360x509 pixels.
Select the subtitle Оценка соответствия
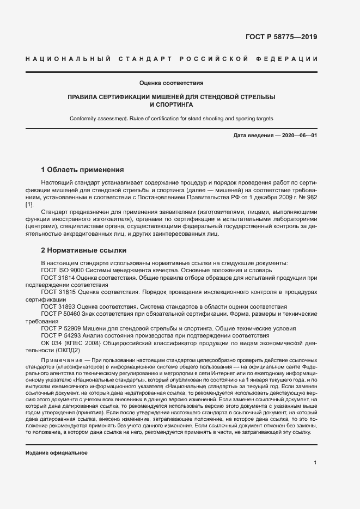[172, 83]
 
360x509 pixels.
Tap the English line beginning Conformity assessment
[172, 118]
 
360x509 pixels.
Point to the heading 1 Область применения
[82, 169]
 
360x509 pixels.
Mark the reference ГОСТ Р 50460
[61, 314]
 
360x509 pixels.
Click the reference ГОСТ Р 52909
[61, 328]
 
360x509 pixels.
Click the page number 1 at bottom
[315, 463]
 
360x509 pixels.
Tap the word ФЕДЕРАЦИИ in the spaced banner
[290, 58]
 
